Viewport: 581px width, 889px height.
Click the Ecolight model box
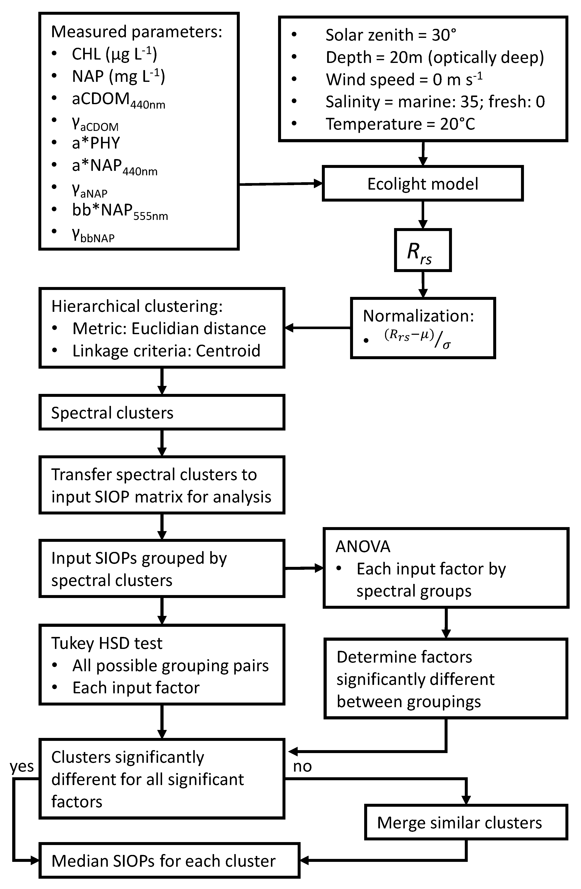pyautogui.click(x=422, y=184)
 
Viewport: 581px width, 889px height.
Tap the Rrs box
pyautogui.click(x=422, y=250)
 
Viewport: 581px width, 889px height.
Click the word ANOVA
pyautogui.click(x=363, y=546)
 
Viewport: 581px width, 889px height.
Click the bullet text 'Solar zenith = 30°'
pyautogui.click(x=390, y=35)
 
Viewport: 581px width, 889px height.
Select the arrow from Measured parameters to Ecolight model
pyautogui.click(x=280, y=184)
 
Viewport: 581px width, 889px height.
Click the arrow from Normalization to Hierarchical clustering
pyautogui.click(x=318, y=328)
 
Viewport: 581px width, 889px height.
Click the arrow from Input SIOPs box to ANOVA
pyautogui.click(x=304, y=568)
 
